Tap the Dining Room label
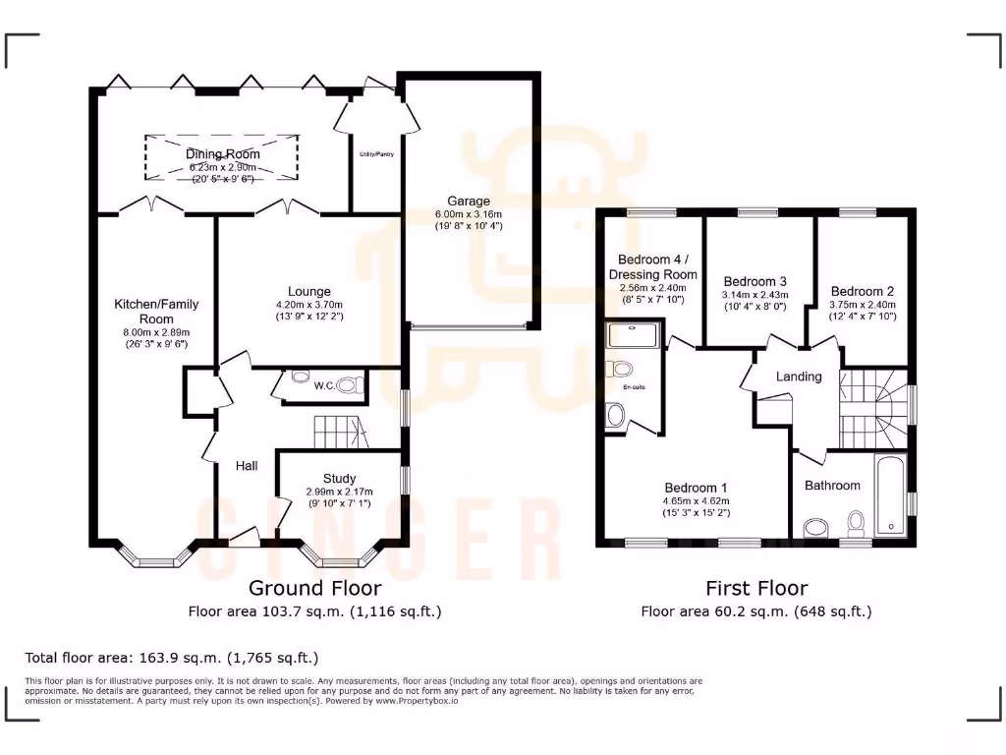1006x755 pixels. coord(223,154)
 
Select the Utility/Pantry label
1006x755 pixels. coord(376,154)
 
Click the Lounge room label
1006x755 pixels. coord(309,291)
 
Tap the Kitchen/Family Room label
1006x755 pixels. coord(156,312)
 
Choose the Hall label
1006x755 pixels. coord(247,465)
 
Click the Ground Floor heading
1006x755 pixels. coord(314,588)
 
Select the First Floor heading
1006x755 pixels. coord(756,588)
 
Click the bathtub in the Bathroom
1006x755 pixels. coord(891,496)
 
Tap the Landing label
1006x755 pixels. coord(799,377)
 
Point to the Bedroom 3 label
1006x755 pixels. coord(754,280)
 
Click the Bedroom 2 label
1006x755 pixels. coord(862,291)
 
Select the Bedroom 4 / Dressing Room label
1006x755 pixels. coord(652,266)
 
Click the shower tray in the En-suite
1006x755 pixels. coord(635,335)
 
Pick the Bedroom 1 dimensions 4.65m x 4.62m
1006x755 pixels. coord(696,500)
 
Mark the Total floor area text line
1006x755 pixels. coord(172,658)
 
